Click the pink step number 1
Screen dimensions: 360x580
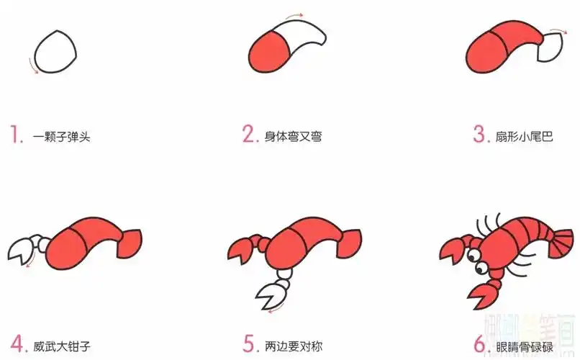pos(15,135)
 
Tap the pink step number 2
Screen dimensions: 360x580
pos(249,135)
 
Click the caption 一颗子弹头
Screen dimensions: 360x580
pos(61,136)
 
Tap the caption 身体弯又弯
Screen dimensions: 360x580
pos(293,136)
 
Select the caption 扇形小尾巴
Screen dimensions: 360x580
pos(523,136)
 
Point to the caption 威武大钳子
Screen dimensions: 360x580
pos(61,345)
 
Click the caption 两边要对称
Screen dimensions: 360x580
pos(294,345)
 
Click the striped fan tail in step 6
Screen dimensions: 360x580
pos(561,237)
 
